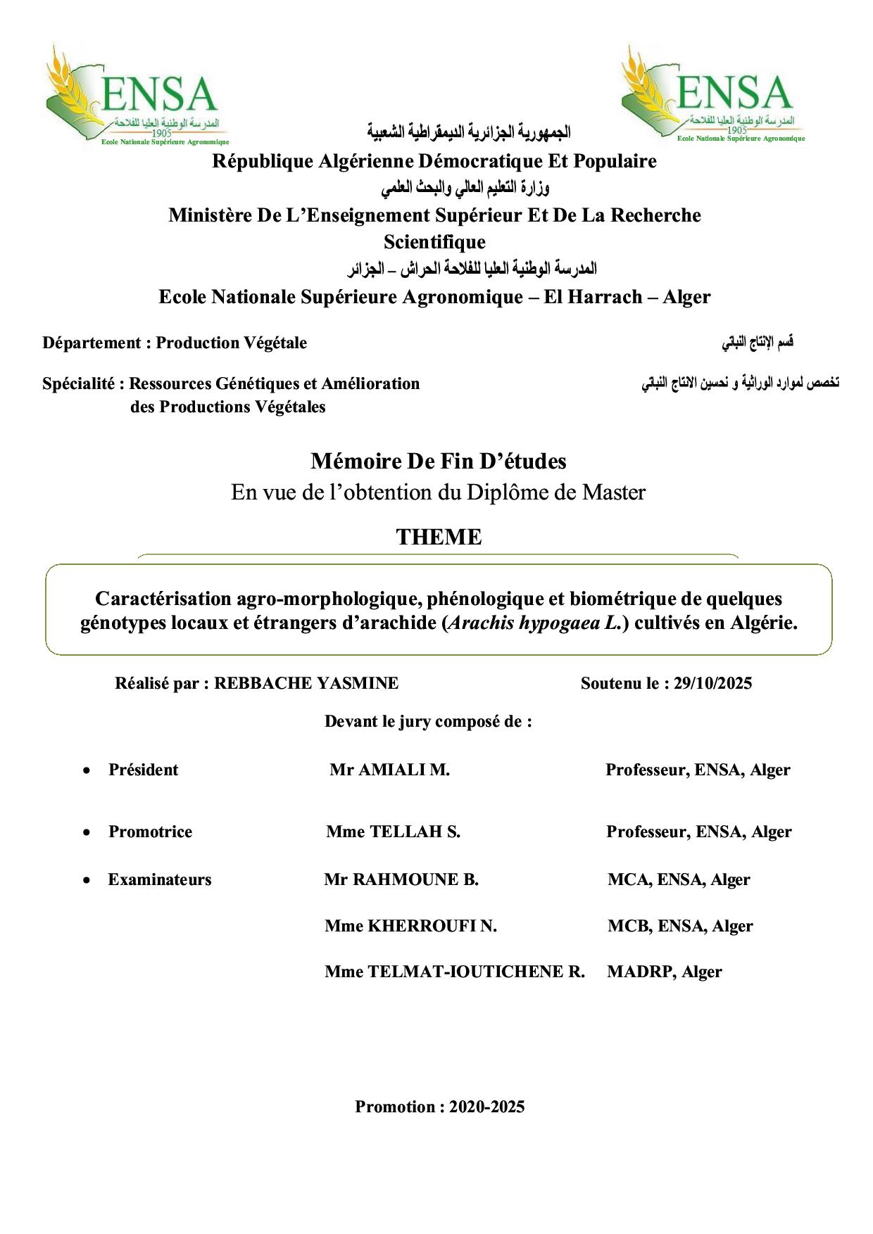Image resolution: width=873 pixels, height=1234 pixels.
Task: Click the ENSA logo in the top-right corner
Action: [712, 94]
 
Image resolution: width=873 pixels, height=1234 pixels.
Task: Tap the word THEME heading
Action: [439, 537]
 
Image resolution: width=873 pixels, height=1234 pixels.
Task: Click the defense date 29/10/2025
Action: [712, 683]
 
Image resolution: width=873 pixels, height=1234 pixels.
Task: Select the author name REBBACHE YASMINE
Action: [306, 683]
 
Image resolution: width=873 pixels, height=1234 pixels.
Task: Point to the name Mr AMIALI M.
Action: [389, 770]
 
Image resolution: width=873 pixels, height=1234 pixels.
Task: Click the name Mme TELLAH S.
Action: [393, 832]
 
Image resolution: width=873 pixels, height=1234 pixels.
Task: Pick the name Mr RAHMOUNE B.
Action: [401, 879]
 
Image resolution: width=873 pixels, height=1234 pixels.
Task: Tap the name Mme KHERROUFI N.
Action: [410, 926]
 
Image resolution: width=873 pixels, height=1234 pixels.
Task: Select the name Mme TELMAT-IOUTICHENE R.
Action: [454, 972]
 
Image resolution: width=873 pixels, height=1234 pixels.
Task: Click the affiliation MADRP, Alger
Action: [664, 972]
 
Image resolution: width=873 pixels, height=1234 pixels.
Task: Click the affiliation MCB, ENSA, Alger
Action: [680, 926]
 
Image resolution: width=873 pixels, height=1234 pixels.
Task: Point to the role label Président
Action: [143, 770]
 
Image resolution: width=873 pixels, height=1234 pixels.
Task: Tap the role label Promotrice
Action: [150, 832]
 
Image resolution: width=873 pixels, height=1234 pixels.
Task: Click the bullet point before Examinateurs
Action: [87, 880]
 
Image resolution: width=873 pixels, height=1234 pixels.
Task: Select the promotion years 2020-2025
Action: [486, 1107]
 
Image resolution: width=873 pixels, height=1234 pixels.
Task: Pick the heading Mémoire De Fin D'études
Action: [438, 462]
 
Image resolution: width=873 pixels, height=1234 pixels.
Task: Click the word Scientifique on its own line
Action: [434, 242]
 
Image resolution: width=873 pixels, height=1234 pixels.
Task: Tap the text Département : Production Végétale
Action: [175, 343]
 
